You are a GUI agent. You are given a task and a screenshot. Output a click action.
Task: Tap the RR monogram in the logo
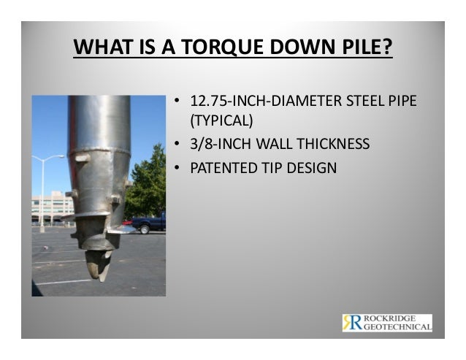(x=351, y=323)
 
